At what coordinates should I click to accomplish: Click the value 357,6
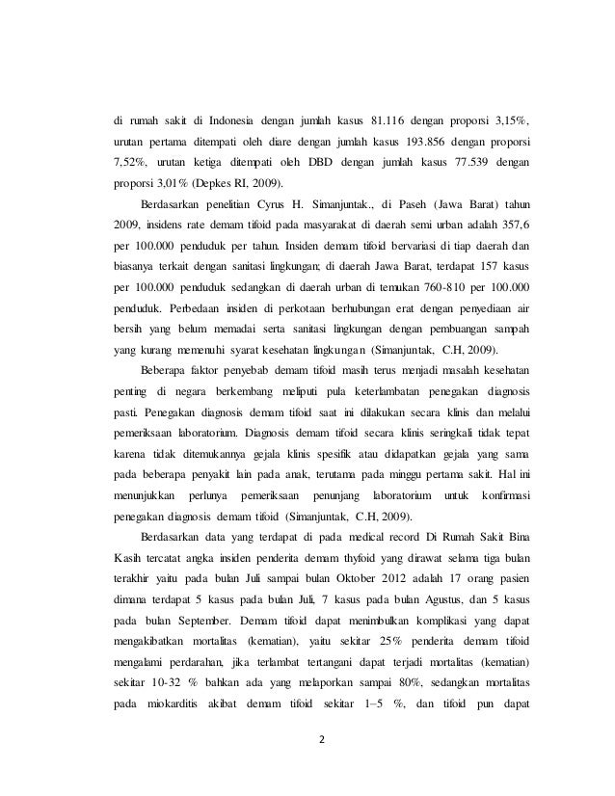pos(517,225)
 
